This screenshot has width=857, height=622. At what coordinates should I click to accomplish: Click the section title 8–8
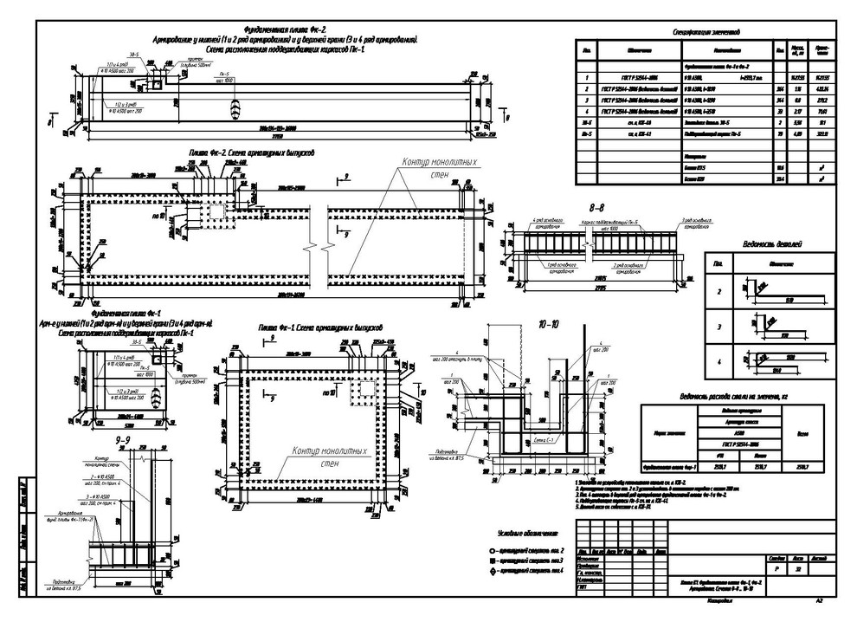[596, 209]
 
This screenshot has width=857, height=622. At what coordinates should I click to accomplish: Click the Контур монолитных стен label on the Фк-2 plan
[439, 166]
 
